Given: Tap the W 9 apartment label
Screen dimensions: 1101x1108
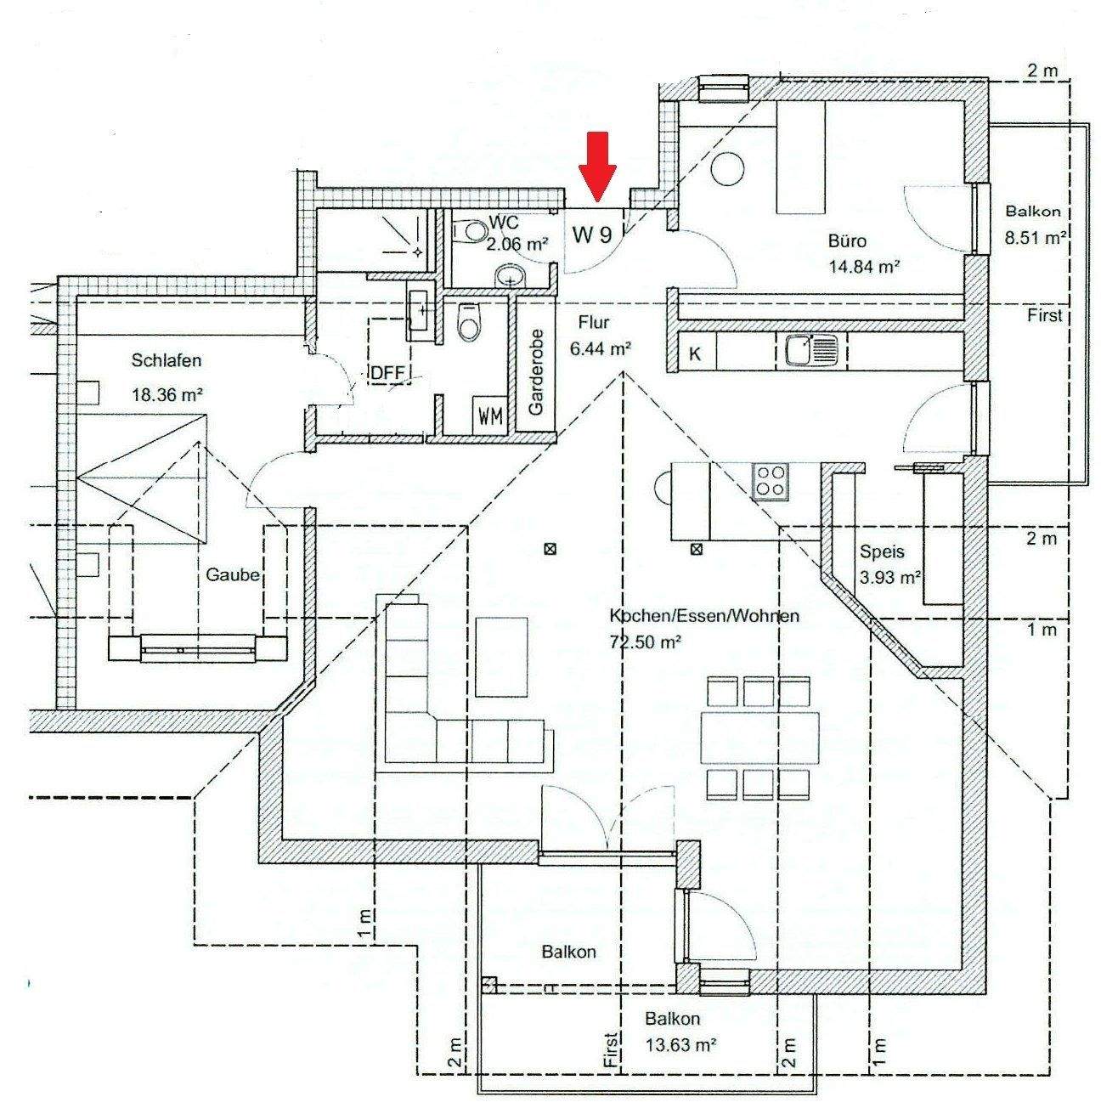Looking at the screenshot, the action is tap(592, 235).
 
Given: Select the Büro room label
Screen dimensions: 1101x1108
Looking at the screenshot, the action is tap(847, 241).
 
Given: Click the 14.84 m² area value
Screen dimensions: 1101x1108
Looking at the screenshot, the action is tap(864, 266).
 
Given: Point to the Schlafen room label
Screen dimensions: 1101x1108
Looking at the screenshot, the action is tap(167, 361).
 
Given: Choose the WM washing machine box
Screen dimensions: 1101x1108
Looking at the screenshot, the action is tap(490, 416).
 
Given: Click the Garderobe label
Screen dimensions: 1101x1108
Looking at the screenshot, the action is tap(535, 371).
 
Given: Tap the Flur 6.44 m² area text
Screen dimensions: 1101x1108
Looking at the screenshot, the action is tap(604, 348).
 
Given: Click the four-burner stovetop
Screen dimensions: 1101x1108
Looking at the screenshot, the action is tap(771, 482).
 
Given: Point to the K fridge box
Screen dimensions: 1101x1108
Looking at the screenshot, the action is tap(695, 353).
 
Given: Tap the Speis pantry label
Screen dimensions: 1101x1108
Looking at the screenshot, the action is tap(882, 551).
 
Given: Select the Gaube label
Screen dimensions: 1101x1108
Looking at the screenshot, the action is tap(232, 574).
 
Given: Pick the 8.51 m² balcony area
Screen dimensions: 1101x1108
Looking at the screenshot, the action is tap(1036, 239).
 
